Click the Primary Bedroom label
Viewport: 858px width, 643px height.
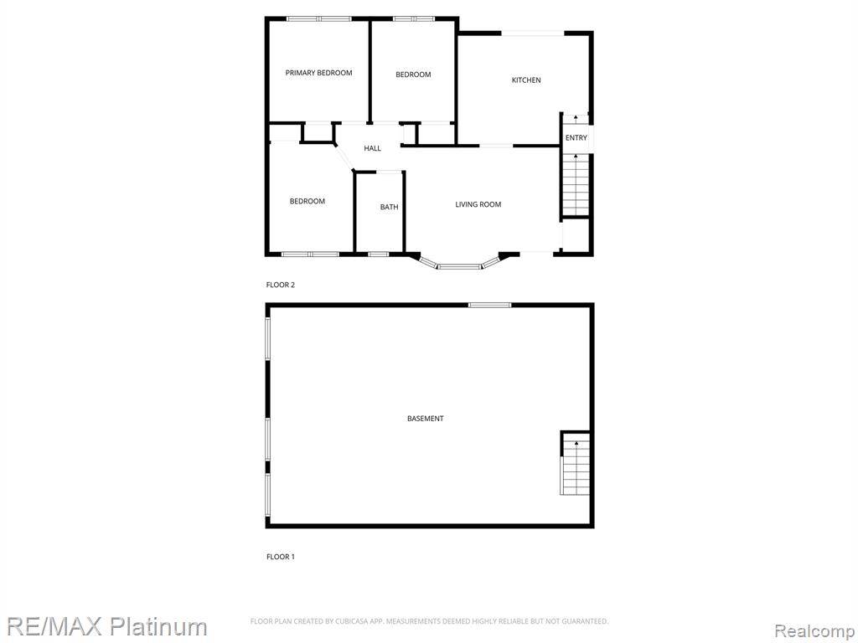[x=318, y=73]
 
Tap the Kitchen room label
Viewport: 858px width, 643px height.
[x=526, y=80]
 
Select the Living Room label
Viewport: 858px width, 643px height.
[x=478, y=204]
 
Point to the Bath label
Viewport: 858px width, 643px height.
[x=389, y=207]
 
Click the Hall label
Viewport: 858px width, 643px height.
[x=372, y=149]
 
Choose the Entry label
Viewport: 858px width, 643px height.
[x=576, y=138]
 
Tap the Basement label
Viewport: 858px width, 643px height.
[x=426, y=419]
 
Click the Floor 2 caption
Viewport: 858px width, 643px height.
[x=281, y=285]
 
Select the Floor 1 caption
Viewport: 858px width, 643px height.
[x=281, y=557]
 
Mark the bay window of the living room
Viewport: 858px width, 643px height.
[x=459, y=266]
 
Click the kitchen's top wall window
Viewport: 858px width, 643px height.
[x=533, y=33]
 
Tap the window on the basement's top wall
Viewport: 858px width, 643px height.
[x=489, y=305]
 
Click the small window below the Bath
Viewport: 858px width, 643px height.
[x=378, y=254]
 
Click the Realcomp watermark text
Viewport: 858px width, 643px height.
[x=814, y=629]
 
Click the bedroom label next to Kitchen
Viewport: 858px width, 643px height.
[x=413, y=75]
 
